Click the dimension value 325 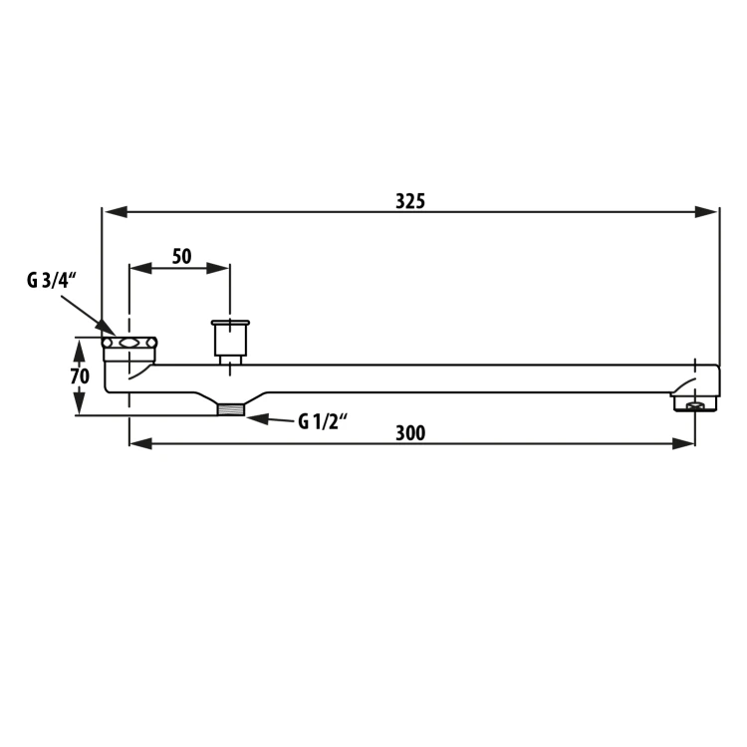pos(410,201)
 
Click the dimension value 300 pos(410,433)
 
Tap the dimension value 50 pos(181,256)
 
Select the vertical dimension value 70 pos(80,376)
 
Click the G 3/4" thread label pos(52,281)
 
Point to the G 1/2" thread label pos(323,421)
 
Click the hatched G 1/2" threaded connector pos(231,409)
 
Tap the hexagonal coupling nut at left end pos(129,343)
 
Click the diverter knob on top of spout pos(230,338)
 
